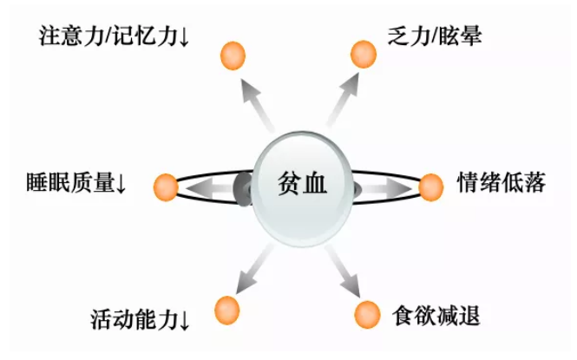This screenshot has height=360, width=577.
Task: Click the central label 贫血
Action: tap(302, 185)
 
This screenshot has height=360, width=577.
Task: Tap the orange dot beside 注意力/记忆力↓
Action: tap(232, 57)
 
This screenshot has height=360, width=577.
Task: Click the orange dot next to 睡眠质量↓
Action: tap(165, 186)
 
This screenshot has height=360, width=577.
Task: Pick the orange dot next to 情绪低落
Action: tap(430, 186)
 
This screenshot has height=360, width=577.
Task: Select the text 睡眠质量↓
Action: tap(77, 184)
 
